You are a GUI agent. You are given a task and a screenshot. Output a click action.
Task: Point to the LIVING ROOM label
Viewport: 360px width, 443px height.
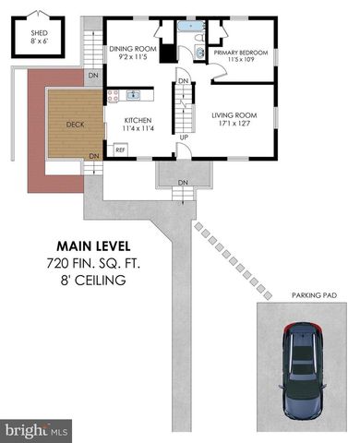[234, 115]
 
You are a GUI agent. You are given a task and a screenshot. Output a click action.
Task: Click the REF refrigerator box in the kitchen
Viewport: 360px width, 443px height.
[120, 150]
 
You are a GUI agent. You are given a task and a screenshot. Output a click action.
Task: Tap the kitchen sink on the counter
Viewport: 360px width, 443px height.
[134, 94]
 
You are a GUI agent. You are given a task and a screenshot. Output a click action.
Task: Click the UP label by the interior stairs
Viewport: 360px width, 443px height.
[184, 138]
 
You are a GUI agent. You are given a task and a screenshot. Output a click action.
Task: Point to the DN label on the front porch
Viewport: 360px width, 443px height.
[183, 183]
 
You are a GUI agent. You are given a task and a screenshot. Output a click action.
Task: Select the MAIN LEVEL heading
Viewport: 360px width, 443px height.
[93, 246]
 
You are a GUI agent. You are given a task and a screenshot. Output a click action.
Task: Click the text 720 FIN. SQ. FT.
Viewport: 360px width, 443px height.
[93, 263]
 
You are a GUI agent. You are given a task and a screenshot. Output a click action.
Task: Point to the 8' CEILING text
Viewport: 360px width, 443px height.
[93, 280]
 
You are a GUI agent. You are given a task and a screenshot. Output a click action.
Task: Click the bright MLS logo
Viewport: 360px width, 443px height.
[37, 430]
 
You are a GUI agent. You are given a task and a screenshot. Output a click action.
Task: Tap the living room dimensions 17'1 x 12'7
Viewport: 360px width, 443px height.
[234, 126]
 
